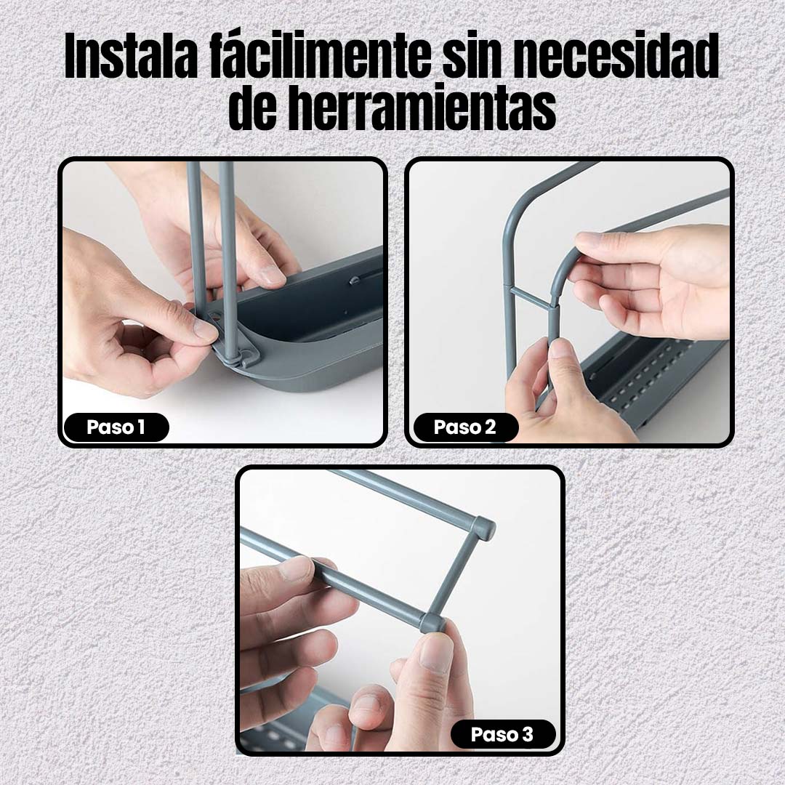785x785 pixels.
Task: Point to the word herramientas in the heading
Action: point(422,108)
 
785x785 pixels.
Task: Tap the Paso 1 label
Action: point(116,427)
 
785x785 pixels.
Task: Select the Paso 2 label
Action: point(465,427)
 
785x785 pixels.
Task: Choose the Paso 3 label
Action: point(503,734)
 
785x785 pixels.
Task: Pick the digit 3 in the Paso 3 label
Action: point(528,734)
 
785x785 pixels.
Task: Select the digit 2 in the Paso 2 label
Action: point(490,427)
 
